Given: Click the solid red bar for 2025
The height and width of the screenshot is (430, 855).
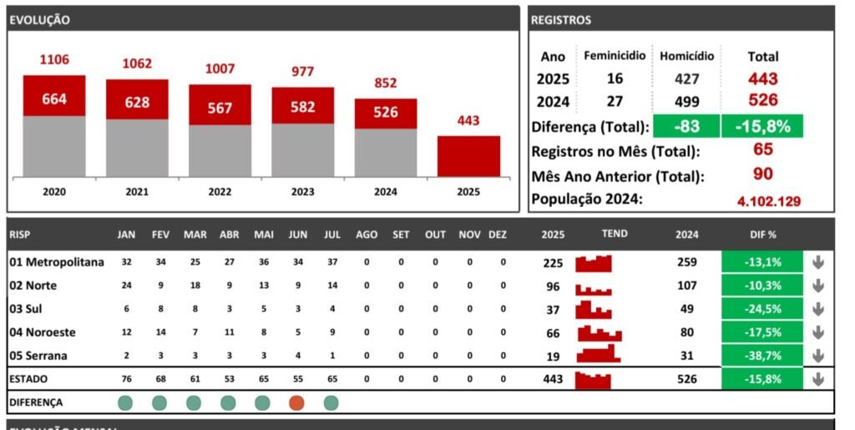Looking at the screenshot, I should tap(468, 156).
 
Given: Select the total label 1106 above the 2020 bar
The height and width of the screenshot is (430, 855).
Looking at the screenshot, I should tap(54, 59).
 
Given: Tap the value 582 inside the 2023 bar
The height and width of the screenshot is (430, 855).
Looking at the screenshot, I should tap(302, 108).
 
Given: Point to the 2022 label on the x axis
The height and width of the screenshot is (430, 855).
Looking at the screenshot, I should tap(220, 192).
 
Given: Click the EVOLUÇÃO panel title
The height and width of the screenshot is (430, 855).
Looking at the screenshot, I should tap(39, 20).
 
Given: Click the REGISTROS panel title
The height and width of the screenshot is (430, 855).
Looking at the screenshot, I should tap(561, 20).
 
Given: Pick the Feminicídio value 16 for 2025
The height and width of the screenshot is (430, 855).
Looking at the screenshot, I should tap(615, 78).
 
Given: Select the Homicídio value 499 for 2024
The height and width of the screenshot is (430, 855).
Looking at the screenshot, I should tap(686, 100).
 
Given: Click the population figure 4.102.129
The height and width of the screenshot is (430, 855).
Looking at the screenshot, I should tap(769, 201).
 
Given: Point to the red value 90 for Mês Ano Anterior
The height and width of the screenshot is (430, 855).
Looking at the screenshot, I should tap(762, 175).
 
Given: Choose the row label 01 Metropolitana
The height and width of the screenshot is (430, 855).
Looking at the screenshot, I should tap(57, 262).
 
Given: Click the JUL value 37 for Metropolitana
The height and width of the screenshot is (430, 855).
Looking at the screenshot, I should tap(331, 262).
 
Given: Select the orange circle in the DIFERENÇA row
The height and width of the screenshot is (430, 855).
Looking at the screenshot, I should tap(296, 402).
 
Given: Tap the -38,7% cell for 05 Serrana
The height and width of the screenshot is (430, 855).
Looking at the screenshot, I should tap(761, 356).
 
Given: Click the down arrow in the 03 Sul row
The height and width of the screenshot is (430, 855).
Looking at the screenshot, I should tap(818, 309).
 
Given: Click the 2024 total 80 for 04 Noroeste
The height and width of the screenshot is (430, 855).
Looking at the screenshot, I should tap(686, 332).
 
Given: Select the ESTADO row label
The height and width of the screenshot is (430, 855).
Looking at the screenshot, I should tap(28, 379).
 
